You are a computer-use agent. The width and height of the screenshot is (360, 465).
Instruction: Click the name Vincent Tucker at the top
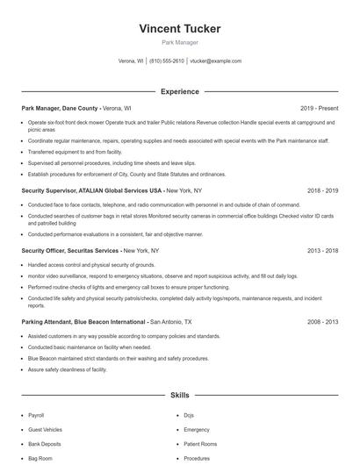pos(180,29)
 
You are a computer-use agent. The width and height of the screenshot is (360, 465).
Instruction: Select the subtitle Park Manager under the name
pos(180,42)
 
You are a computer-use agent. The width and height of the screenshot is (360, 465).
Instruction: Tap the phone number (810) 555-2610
pos(167,61)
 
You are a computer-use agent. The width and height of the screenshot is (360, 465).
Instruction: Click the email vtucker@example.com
pos(215,61)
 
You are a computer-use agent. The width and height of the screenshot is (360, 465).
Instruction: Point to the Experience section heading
pos(180,91)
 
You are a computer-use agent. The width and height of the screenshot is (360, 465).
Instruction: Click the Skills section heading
pos(180,396)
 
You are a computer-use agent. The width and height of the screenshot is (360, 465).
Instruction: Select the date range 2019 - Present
pos(319,109)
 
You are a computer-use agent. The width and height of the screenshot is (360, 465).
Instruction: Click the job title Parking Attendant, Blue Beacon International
pos(83,322)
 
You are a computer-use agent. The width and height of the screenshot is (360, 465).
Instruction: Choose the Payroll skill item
pos(36,415)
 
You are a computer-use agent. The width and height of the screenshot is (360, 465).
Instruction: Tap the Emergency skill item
pos(197,430)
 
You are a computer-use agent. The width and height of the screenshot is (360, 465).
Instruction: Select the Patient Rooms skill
pos(200,444)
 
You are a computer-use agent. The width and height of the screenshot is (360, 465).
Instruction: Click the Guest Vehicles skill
pos(45,430)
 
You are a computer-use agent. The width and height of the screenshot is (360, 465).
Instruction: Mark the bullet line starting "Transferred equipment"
pos(76,151)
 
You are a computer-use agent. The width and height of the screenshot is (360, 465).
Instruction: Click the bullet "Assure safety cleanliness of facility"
pos(67,369)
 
